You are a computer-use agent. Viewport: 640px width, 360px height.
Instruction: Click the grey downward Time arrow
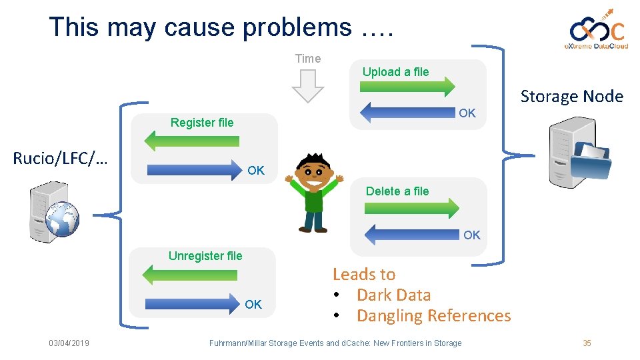click(x=308, y=86)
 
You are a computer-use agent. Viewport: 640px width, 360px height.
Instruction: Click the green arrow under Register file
click(x=192, y=139)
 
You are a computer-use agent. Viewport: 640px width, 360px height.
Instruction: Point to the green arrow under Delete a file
click(x=411, y=207)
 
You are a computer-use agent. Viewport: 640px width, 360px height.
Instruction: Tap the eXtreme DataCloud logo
click(x=597, y=30)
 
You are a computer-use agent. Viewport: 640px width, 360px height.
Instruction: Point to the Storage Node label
click(x=571, y=97)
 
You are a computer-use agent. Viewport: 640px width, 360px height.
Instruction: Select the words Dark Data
click(x=393, y=295)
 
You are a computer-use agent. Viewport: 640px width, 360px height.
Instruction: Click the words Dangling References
click(x=433, y=315)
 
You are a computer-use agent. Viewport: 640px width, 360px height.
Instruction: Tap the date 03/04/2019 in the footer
click(x=69, y=343)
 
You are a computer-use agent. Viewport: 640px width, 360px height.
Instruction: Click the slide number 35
click(x=587, y=343)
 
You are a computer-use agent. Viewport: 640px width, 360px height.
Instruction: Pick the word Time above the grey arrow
click(x=308, y=59)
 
